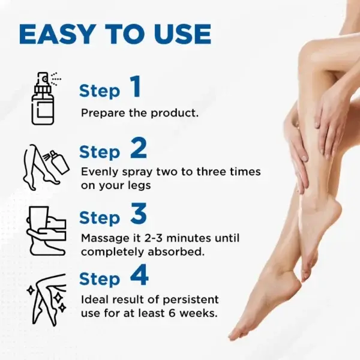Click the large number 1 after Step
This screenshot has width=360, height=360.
click(x=136, y=87)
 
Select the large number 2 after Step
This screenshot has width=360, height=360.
click(x=138, y=149)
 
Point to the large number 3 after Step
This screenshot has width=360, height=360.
click(x=138, y=214)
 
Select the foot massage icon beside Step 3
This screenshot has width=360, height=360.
click(x=46, y=229)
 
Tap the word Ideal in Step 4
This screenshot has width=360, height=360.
click(x=94, y=299)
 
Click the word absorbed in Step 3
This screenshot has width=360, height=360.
click(x=184, y=251)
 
